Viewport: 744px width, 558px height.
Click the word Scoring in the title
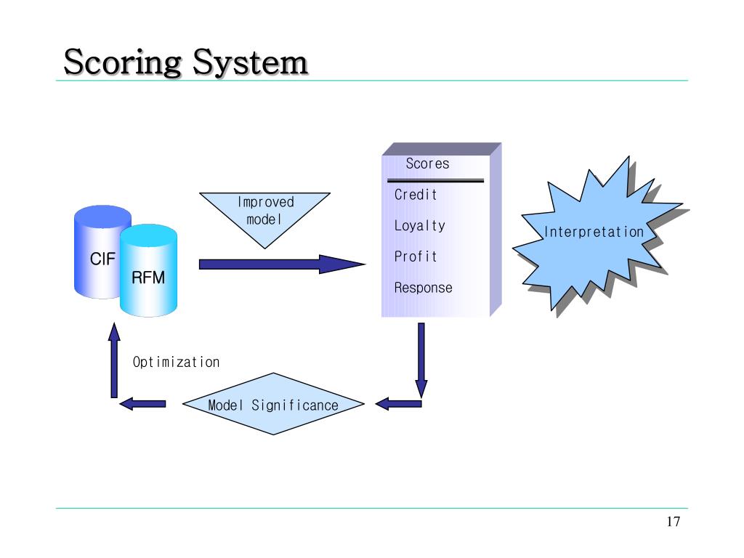pos(122,62)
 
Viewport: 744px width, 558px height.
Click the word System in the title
pos(251,62)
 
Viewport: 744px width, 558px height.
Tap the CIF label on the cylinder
pos(102,259)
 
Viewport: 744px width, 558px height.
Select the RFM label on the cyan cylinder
pos(148,278)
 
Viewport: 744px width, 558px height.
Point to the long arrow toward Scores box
pos(282,264)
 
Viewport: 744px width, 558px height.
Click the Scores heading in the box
pos(427,163)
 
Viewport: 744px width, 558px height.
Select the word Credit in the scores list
pos(416,195)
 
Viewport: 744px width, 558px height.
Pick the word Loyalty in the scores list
pos(420,226)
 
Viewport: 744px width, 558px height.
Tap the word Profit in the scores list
pos(416,256)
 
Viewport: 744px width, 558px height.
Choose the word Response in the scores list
pos(424,288)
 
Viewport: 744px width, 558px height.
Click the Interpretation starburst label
pos(594,232)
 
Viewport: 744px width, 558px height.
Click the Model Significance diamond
pos(273,404)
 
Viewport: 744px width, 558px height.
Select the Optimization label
pos(176,363)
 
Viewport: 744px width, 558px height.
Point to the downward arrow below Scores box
pos(421,360)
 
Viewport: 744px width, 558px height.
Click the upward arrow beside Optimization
pos(114,360)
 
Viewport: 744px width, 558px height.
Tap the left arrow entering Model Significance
pos(399,404)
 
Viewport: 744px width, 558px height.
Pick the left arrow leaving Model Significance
pos(142,404)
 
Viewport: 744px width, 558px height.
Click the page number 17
pos(674,522)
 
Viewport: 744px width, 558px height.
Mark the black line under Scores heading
pos(436,181)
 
